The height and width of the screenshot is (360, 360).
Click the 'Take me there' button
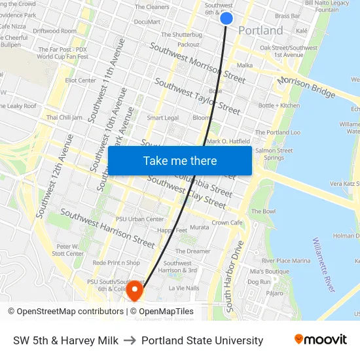[180, 160]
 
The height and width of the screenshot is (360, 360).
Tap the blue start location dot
[226, 18]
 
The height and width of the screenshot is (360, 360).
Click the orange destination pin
[135, 290]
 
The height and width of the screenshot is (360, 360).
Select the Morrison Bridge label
[306, 86]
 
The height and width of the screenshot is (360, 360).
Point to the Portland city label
[261, 31]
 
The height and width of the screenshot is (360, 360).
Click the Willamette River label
[324, 264]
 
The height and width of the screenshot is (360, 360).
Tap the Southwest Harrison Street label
[108, 228]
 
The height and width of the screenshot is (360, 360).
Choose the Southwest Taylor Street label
[197, 97]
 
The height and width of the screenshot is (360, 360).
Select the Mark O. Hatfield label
[228, 141]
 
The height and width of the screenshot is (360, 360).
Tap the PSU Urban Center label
[139, 219]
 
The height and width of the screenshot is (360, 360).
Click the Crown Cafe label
[227, 223]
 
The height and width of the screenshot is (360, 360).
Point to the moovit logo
[320, 339]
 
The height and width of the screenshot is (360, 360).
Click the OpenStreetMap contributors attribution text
[65, 312]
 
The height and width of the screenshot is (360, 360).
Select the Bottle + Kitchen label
[279, 105]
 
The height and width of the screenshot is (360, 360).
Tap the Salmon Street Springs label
[274, 154]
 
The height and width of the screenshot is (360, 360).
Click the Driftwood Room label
[54, 31]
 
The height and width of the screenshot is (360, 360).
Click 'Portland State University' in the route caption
[202, 340]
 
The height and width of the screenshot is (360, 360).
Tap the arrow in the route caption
[130, 340]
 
